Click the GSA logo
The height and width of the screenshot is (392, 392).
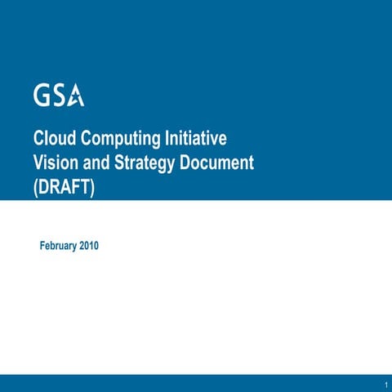(59, 96)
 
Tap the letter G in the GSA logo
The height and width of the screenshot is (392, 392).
(42, 96)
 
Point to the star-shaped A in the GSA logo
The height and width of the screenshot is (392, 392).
(76, 96)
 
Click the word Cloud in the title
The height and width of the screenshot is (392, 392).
(52, 138)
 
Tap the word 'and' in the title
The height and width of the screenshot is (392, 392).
(92, 163)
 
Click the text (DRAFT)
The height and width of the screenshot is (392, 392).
(65, 187)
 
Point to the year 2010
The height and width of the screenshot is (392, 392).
(89, 245)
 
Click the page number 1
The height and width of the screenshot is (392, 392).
(384, 384)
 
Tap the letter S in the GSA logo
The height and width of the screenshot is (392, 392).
(59, 96)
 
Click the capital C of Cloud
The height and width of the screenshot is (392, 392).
(38, 138)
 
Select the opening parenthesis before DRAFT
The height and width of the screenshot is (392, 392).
(35, 187)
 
